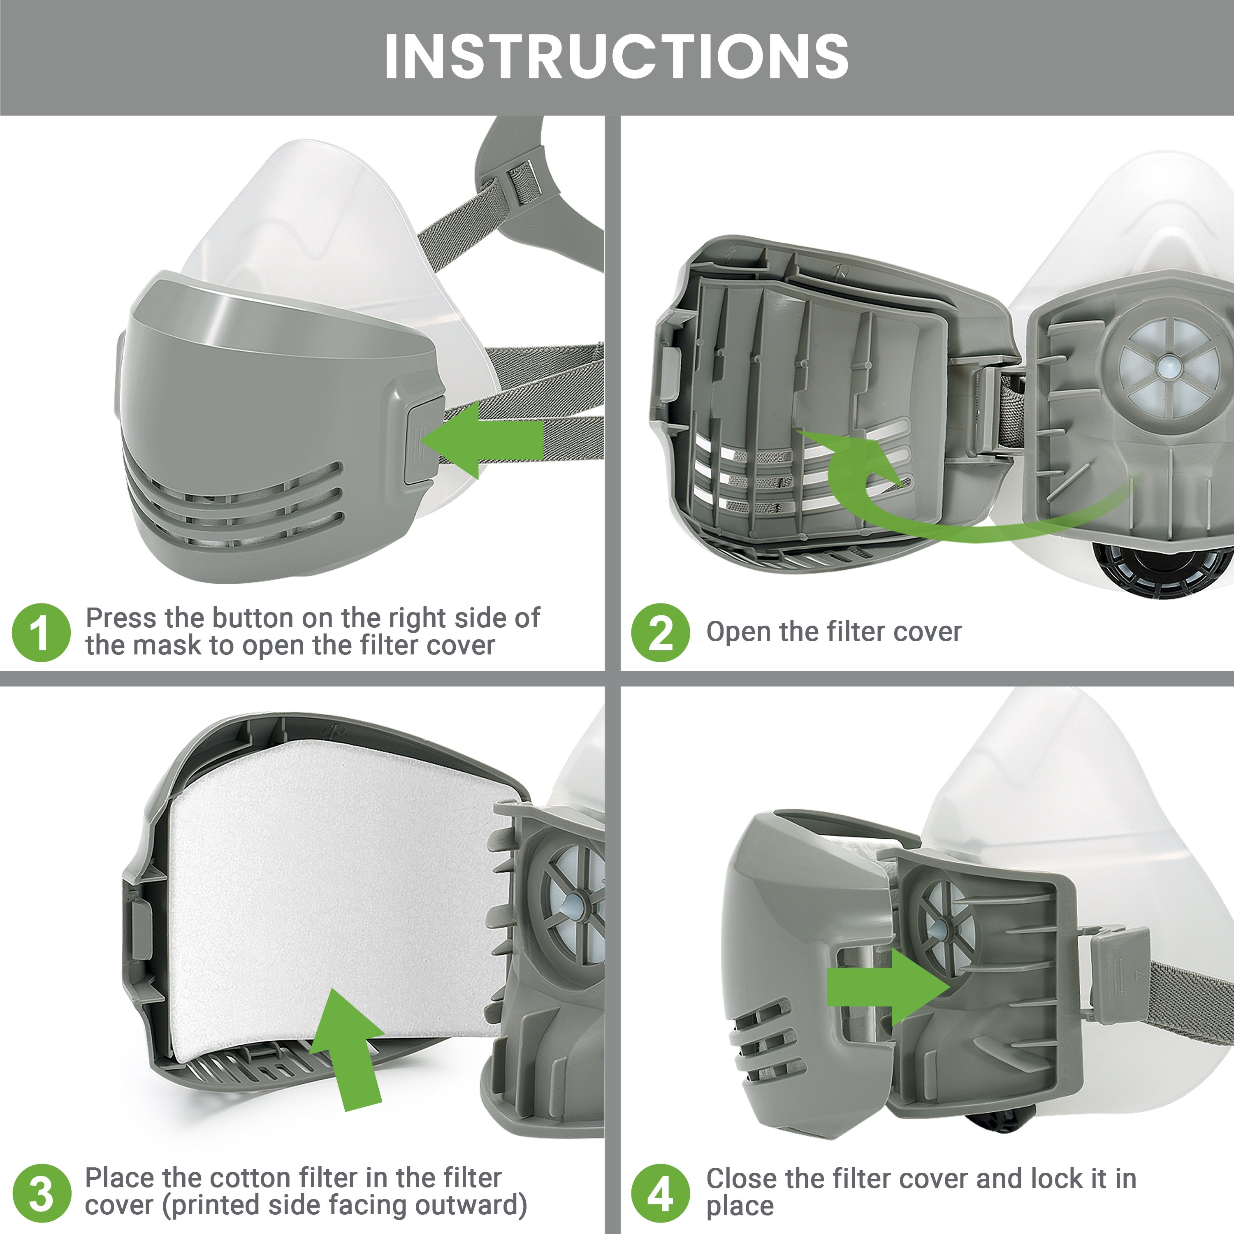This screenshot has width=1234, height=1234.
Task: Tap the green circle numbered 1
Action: point(41,632)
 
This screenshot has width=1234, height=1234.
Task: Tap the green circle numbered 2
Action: point(661,632)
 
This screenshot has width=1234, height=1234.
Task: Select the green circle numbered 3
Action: point(41,1193)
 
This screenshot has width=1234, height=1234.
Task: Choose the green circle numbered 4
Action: point(661,1193)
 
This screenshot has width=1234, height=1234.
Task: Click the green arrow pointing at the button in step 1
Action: point(485,439)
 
